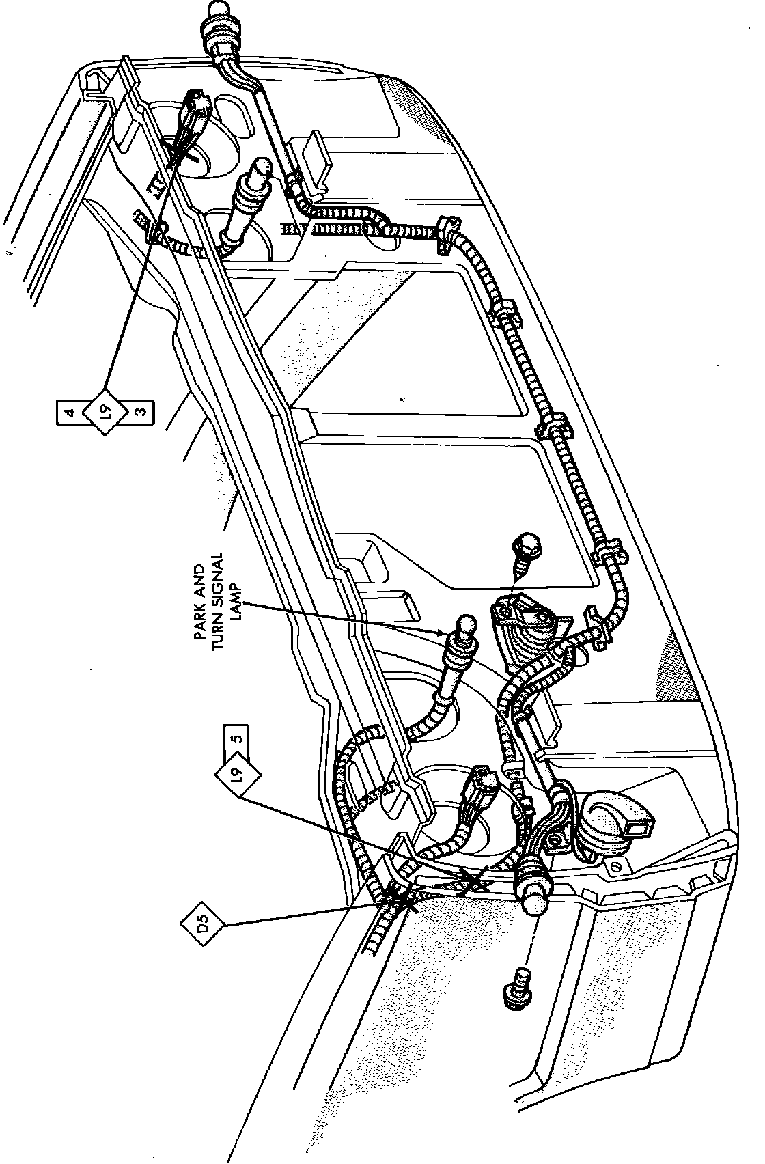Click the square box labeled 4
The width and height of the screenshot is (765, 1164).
pyautogui.click(x=68, y=413)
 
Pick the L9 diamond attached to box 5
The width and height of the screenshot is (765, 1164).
pyautogui.click(x=237, y=774)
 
